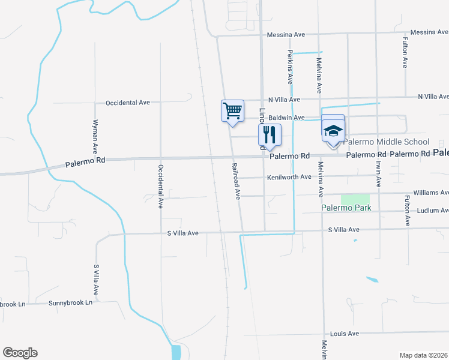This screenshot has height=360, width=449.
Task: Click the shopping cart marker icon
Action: (x=232, y=111)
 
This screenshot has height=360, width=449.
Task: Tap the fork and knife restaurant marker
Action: (x=270, y=135)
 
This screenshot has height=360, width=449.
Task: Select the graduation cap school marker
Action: (x=333, y=131)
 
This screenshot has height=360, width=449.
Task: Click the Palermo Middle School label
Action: (x=387, y=142)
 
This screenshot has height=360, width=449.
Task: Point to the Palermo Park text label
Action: (x=345, y=208)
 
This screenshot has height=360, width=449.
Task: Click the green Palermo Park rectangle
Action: (x=355, y=199)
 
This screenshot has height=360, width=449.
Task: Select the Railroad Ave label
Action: (x=237, y=180)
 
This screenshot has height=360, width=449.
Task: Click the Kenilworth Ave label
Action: (x=289, y=177)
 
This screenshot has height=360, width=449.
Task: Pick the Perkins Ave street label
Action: (x=289, y=67)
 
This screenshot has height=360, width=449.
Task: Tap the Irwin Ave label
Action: (x=379, y=175)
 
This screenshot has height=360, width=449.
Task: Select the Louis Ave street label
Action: (x=344, y=334)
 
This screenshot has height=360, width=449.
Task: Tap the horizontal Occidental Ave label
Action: (x=127, y=103)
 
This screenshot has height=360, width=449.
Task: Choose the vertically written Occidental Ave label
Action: (x=160, y=186)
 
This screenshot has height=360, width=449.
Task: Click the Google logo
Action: (x=20, y=353)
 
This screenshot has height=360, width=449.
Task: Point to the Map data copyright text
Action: (x=424, y=355)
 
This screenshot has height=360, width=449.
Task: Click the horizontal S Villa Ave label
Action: (x=343, y=230)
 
